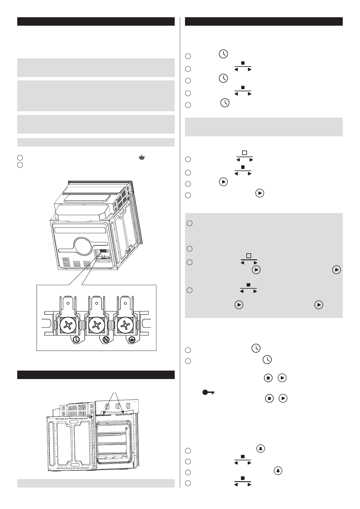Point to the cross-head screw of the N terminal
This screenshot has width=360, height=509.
pos(96,326)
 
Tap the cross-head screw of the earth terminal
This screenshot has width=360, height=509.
pos(125,326)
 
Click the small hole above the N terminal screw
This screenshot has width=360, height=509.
pos(96,303)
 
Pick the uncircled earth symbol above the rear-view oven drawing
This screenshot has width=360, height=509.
pos(141,157)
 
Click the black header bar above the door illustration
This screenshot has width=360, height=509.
pos(96,374)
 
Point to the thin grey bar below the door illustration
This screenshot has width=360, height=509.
pos(96,483)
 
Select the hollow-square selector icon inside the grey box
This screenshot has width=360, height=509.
pos(249,256)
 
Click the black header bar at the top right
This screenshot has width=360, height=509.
pos(264,21)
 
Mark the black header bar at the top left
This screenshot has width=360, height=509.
pos(96,21)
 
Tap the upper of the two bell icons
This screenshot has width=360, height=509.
pos(261,449)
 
